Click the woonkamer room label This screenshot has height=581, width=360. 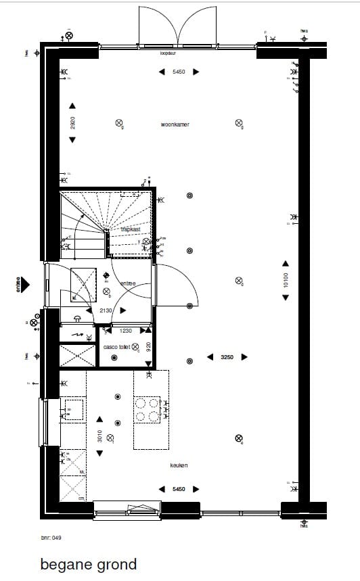point(175,124)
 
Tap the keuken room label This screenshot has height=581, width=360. point(179,465)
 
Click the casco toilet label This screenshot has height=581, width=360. point(116,347)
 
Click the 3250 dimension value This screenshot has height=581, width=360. point(227,357)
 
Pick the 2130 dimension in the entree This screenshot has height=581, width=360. point(106,310)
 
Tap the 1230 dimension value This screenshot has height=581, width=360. point(126,331)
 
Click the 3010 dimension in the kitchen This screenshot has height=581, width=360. point(99,436)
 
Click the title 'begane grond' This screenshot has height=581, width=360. point(88,563)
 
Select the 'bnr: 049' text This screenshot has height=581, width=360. point(51,538)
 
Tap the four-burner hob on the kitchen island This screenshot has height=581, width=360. point(147,410)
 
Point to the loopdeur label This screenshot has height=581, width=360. point(168,52)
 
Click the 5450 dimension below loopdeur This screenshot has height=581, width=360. point(179,72)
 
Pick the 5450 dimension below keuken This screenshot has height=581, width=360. point(179,488)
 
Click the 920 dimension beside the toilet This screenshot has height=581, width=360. point(149,346)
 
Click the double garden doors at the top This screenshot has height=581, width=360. point(177,26)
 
